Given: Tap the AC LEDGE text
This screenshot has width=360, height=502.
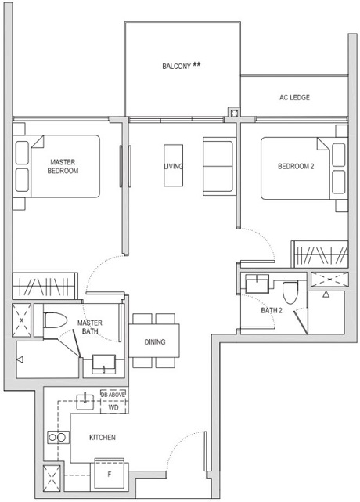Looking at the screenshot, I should click(x=294, y=98).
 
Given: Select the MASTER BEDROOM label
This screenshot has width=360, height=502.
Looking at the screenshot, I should click(x=63, y=166).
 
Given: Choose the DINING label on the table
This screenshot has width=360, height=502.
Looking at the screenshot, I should click(x=155, y=341).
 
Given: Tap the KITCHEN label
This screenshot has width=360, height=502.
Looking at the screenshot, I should click(x=103, y=437).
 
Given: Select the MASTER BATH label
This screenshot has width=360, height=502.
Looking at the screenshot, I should click(x=90, y=327).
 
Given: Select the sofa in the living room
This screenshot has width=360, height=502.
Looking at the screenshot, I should click(x=218, y=165).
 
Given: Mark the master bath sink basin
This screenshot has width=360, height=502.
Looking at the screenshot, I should click(x=103, y=364).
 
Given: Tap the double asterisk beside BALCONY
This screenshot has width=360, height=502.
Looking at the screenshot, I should click(x=196, y=65).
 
